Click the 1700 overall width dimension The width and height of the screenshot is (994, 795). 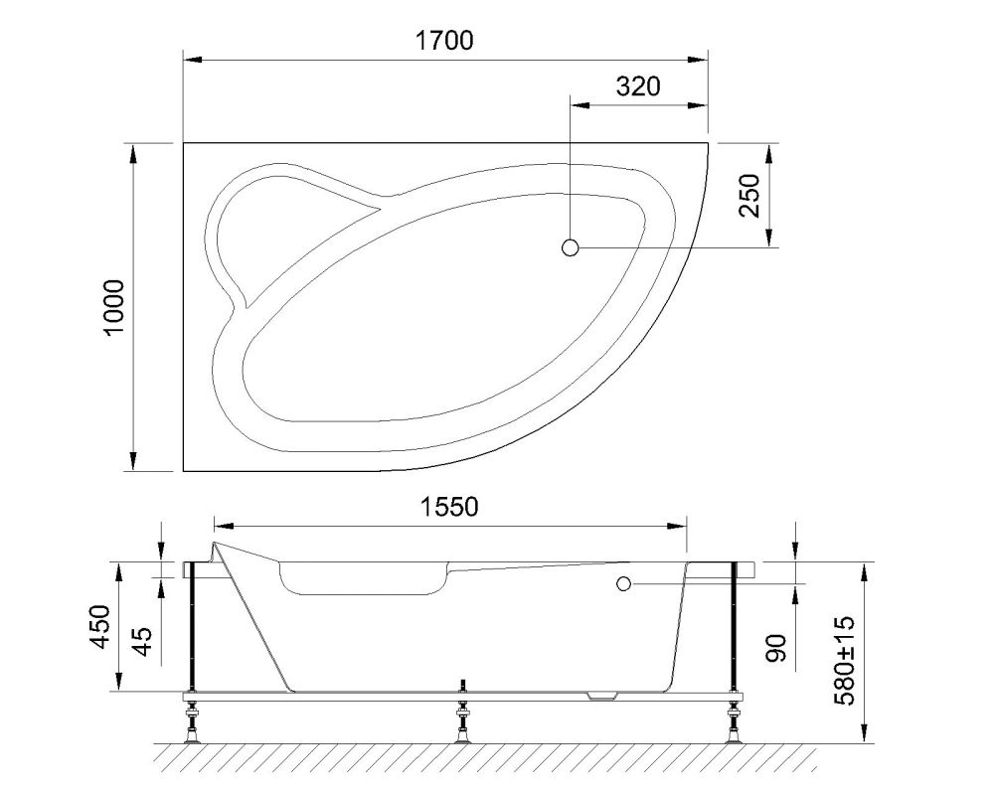[444, 41]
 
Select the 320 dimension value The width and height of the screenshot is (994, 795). [637, 85]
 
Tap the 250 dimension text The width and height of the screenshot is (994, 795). [750, 196]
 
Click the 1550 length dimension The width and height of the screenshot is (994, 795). [449, 507]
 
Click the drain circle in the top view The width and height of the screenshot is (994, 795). [571, 247]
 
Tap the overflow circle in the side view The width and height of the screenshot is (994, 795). [623, 583]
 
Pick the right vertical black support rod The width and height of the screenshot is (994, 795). [735, 631]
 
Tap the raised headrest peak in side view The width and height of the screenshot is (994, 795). [215, 549]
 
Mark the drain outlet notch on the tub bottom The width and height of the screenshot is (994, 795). [602, 695]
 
